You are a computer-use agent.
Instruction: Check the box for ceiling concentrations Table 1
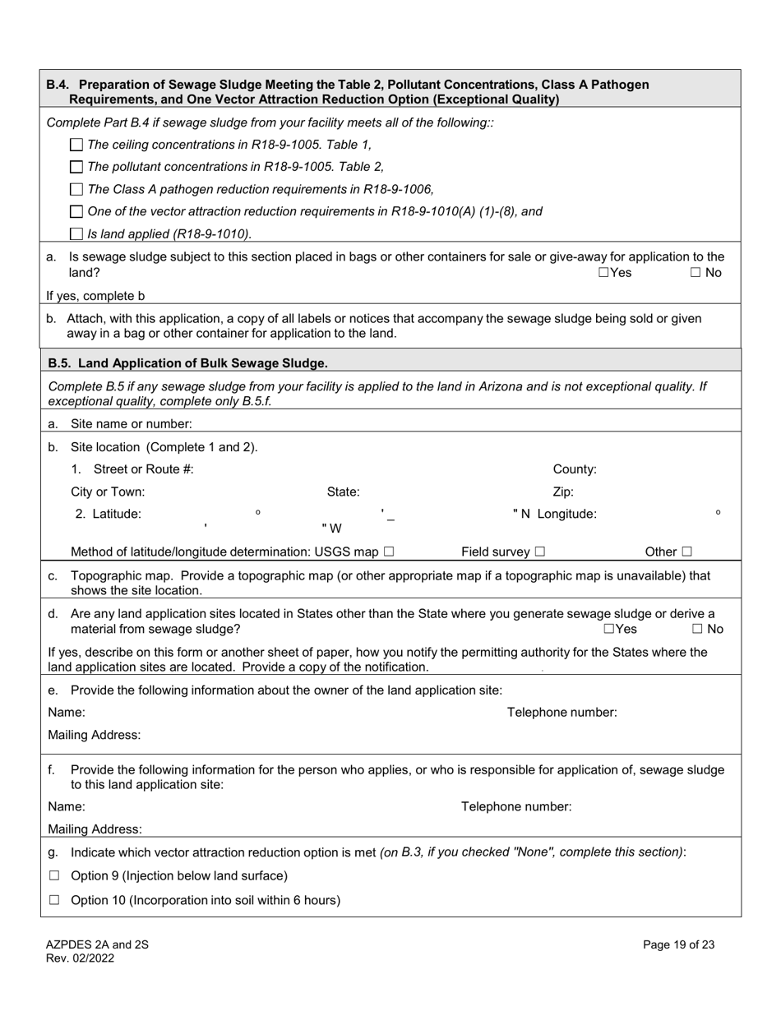pos(76,145)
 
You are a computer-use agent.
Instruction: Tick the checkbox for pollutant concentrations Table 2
pos(76,167)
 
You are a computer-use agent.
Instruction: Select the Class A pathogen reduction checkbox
pos(76,189)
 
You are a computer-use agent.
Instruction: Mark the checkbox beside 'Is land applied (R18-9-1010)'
pos(76,233)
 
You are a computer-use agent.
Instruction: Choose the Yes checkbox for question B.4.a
pos(604,273)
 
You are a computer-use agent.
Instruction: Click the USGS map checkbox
pos(389,552)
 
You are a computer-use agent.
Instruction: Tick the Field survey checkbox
pos(540,552)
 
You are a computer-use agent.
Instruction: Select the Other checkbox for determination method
pos(686,552)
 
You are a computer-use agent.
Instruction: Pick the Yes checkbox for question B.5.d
pos(609,630)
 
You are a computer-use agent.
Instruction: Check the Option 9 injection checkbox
pos(54,876)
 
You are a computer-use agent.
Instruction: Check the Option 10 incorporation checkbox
pos(54,900)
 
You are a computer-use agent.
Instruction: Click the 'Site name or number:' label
pos(132,424)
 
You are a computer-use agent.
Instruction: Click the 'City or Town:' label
pos(108,492)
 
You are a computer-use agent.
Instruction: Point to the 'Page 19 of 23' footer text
pos(678,945)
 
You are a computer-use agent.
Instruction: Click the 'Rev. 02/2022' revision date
pos(80,958)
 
